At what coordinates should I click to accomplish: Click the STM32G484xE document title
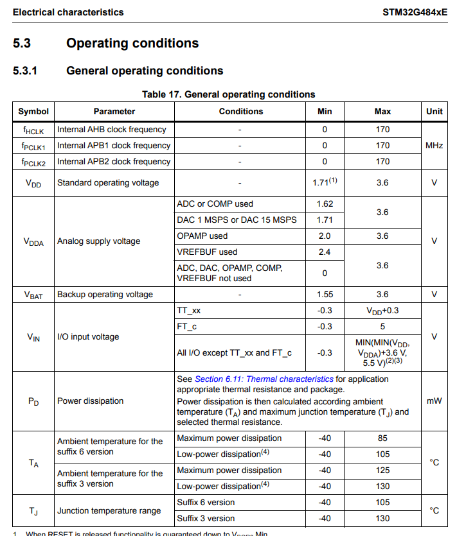click(415, 12)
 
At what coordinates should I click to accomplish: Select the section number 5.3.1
click(25, 71)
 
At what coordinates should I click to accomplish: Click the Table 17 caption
click(228, 94)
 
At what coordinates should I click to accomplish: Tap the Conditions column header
click(240, 111)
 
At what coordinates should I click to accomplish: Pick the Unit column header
click(434, 111)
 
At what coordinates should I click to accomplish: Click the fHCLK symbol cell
click(33, 130)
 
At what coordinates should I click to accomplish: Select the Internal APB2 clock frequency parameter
click(114, 162)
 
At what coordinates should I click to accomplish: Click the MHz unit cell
click(434, 146)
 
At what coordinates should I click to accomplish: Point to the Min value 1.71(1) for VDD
click(325, 182)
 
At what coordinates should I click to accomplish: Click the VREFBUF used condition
click(206, 252)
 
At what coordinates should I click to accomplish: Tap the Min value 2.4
click(325, 252)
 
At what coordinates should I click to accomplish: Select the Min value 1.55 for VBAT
click(325, 295)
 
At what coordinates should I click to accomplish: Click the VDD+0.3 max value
click(382, 311)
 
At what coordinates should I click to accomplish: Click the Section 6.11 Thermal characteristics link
click(264, 379)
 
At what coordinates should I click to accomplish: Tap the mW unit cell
click(434, 401)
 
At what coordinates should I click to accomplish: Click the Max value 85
click(382, 438)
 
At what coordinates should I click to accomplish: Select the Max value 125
click(382, 471)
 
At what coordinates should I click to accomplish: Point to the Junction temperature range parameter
click(109, 511)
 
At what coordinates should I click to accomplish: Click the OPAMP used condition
click(202, 236)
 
